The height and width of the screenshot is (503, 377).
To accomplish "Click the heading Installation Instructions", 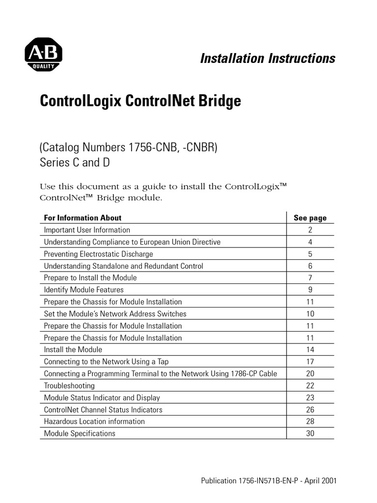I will tap(268, 58).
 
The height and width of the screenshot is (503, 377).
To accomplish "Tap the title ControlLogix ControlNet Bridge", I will tap(140, 101).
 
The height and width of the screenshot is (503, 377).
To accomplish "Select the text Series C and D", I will tap(75, 163).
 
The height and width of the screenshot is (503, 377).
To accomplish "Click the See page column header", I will tap(310, 218).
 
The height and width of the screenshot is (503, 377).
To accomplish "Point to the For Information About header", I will tap(82, 218).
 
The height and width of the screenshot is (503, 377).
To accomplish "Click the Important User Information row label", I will tap(87, 230).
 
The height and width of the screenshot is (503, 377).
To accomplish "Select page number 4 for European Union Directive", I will tap(310, 242).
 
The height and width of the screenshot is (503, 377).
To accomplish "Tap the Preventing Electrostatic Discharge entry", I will tap(98, 254).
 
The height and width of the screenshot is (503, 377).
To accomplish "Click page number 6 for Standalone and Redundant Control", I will tap(310, 266).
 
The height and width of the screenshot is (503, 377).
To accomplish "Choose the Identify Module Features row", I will tap(83, 290).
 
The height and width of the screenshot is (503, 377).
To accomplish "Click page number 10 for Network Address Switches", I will tap(310, 314).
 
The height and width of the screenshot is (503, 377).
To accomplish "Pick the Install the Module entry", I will tap(73, 350).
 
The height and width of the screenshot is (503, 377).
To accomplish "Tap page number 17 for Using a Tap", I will tap(310, 362).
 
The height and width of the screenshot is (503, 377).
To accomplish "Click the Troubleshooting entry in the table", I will tap(69, 386).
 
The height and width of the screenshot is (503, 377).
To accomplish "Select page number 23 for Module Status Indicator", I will tap(310, 398).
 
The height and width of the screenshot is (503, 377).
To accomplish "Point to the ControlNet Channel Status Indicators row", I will tap(103, 410).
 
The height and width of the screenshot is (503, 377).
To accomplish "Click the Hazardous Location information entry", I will tap(94, 421).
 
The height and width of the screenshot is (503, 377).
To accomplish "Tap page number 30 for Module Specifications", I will tap(310, 434).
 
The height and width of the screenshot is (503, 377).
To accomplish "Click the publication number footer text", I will tap(269, 481).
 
